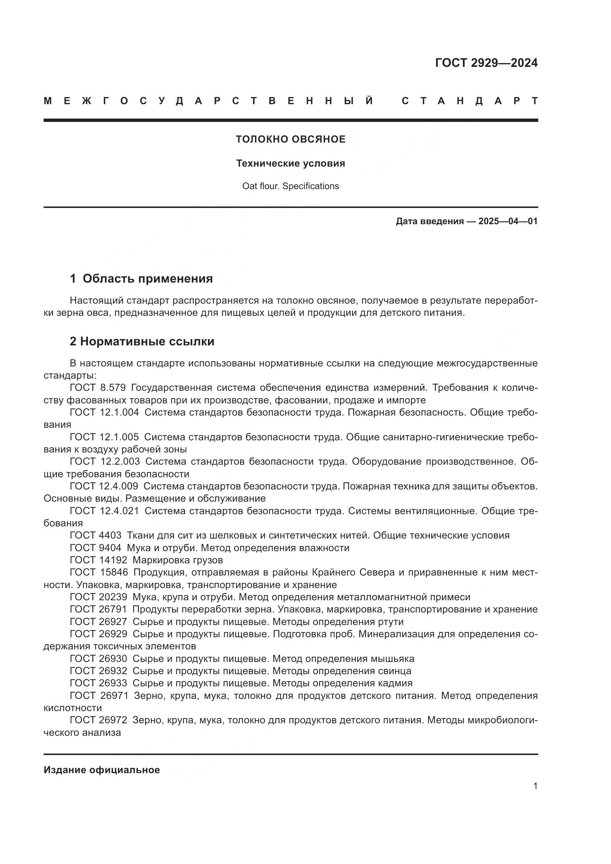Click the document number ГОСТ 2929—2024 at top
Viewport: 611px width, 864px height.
coord(486,63)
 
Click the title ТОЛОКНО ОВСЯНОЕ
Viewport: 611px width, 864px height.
coord(290,139)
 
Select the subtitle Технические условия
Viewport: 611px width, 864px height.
coord(290,163)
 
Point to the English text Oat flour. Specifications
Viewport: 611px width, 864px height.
coord(290,186)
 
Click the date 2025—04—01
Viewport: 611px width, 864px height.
coord(508,221)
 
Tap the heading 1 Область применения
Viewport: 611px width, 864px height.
coord(141,279)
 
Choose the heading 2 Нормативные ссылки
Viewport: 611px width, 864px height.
coord(142,342)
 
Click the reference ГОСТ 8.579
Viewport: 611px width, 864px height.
coord(98,387)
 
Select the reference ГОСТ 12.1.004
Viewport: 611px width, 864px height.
coord(104,413)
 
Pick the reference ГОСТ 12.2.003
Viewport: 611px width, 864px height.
coord(105,461)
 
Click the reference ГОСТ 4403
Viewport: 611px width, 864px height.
coord(96,536)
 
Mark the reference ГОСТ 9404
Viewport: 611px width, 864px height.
coord(96,548)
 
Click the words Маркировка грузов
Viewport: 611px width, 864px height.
coord(178,560)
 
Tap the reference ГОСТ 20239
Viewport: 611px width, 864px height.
coord(99,597)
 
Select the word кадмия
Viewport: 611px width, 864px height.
coord(396,683)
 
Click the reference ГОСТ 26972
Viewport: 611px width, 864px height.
coord(99,720)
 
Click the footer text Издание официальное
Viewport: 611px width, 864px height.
coord(102,770)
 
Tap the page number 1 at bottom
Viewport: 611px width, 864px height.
coord(535,786)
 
